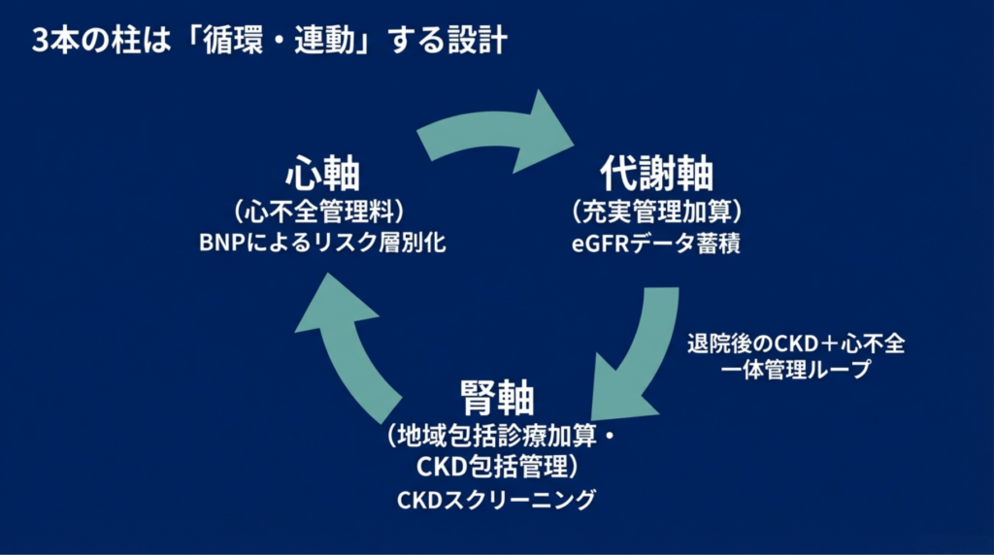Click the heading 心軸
point(322,175)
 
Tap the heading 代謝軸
point(657,174)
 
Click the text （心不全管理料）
point(321,211)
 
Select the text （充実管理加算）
point(657,211)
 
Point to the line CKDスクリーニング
point(496,501)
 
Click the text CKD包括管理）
point(498,467)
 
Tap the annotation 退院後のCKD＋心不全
point(795,344)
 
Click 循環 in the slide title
point(231,43)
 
